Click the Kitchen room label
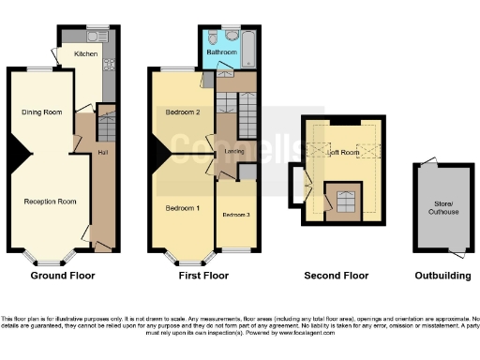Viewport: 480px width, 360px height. tap(85, 54)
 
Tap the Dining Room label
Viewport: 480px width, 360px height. tap(42, 112)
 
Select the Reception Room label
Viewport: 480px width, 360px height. tap(49, 202)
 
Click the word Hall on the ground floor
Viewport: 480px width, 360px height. tap(102, 151)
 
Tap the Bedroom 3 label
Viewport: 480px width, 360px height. tap(235, 215)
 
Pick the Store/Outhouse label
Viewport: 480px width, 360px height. tap(444, 207)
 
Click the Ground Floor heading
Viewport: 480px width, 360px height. tap(63, 277)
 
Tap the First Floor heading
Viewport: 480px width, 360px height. tap(203, 277)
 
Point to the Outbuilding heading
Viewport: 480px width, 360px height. tap(443, 277)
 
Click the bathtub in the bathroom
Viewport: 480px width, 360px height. tap(247, 48)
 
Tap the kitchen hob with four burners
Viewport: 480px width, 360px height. tap(109, 65)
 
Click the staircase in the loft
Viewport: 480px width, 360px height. tap(346, 200)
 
